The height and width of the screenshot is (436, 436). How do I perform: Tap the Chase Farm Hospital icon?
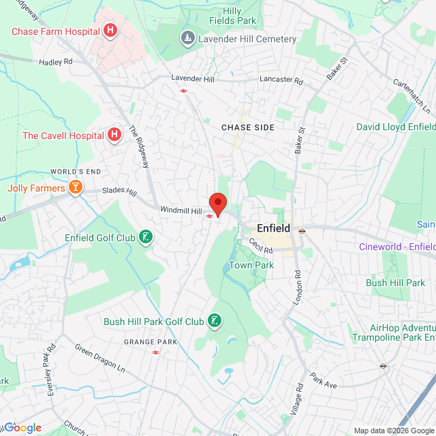(x=110, y=31)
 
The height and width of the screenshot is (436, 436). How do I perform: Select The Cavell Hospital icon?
(x=114, y=135)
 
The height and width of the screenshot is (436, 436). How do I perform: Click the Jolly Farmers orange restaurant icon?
(x=75, y=187)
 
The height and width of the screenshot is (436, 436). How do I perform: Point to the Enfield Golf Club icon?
(x=144, y=237)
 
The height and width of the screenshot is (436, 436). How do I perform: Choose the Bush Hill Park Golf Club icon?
(x=215, y=321)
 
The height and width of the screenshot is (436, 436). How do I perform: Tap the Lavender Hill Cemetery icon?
(x=187, y=39)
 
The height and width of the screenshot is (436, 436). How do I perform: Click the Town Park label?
(x=251, y=265)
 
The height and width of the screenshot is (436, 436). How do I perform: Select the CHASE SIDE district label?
(x=248, y=127)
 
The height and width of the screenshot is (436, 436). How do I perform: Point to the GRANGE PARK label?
(x=151, y=342)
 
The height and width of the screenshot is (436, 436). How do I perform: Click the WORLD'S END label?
(x=76, y=171)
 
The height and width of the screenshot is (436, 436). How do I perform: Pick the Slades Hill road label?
(x=120, y=192)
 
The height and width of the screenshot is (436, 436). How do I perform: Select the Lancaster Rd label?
(x=281, y=80)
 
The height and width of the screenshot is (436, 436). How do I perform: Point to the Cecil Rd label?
(x=260, y=245)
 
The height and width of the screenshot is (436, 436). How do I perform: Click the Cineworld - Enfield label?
(x=397, y=247)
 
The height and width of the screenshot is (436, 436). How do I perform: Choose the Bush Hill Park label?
(x=395, y=283)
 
